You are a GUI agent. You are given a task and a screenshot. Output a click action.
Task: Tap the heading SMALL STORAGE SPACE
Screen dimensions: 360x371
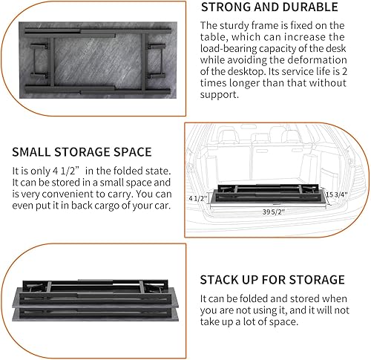pyautogui.click(x=81, y=152)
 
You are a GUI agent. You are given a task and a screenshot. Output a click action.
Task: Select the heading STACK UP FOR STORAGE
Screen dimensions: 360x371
pyautogui.click(x=272, y=280)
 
